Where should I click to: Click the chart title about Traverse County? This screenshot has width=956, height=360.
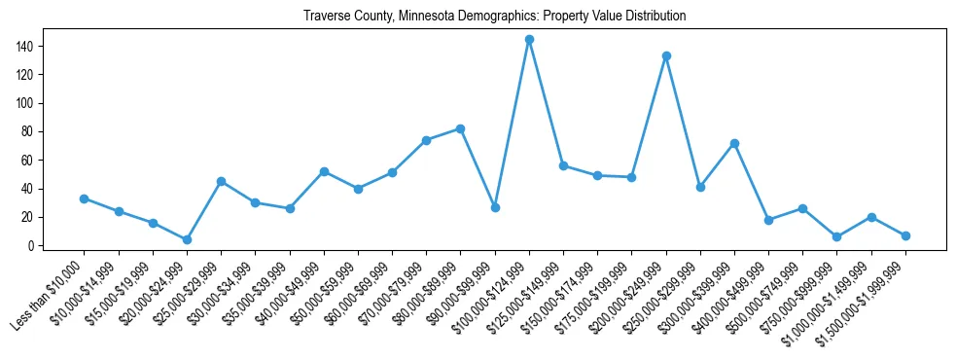[494, 17]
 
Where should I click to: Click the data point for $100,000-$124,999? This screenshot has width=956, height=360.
[529, 40]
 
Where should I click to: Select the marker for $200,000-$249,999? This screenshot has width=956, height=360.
[666, 56]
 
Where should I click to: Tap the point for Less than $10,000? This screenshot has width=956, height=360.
[84, 198]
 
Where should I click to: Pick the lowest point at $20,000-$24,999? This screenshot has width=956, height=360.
[187, 239]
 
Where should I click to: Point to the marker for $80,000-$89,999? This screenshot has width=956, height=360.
[460, 128]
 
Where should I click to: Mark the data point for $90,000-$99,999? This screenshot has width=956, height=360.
[495, 207]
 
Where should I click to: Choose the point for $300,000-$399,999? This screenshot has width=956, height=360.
[734, 143]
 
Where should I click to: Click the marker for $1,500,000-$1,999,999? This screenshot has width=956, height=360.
[905, 235]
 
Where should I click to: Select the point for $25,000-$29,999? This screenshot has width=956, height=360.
[221, 181]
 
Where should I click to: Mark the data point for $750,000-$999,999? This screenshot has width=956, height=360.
[837, 236]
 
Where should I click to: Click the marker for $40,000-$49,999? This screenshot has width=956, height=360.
[324, 171]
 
